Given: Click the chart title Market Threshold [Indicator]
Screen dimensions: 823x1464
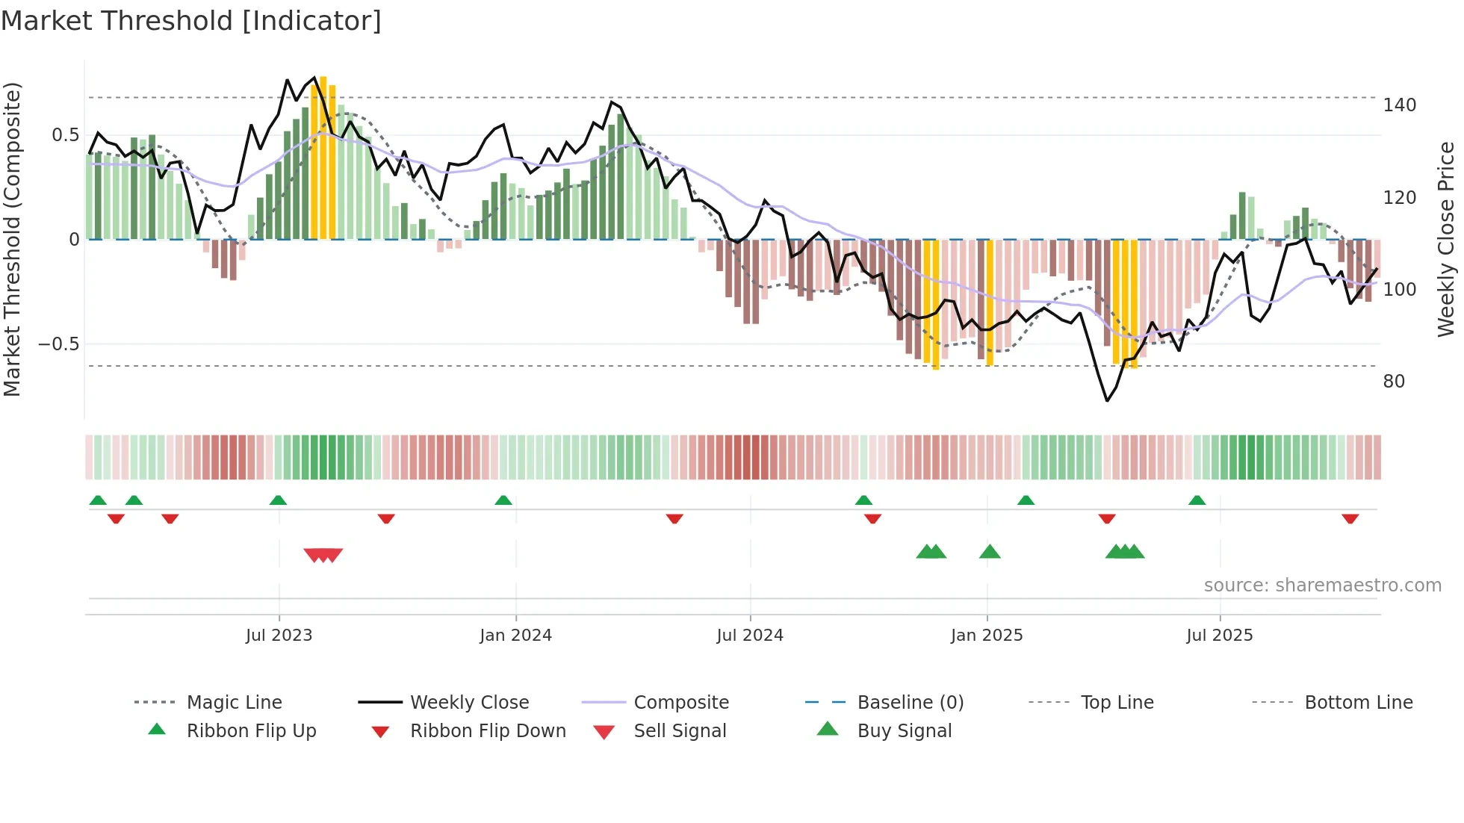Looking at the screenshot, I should (191, 21).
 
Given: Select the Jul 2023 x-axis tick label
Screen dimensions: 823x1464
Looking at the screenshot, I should (279, 636).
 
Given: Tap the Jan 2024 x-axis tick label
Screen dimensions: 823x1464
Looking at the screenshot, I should (515, 636).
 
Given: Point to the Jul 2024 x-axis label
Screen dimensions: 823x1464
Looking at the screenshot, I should (750, 636).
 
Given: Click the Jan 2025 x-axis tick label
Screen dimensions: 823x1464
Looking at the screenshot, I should (987, 636).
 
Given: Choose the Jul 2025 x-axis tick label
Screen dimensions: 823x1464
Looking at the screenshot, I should (1220, 636).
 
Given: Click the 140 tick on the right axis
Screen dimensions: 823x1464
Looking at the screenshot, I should (1399, 105).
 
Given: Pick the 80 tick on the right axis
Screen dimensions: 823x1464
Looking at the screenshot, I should (1394, 382).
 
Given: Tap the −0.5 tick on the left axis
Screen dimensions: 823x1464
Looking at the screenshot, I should (59, 344).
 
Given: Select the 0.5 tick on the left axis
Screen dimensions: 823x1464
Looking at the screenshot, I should (65, 135).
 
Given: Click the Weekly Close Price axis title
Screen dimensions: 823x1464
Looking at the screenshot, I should (1446, 239).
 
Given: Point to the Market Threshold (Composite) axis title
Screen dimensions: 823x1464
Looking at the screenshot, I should (12, 239).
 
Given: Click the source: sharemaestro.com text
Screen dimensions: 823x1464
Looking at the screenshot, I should (1322, 586).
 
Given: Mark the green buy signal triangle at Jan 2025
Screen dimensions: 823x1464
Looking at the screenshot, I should (990, 552).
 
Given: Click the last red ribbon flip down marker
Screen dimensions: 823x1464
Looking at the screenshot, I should (1350, 518).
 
